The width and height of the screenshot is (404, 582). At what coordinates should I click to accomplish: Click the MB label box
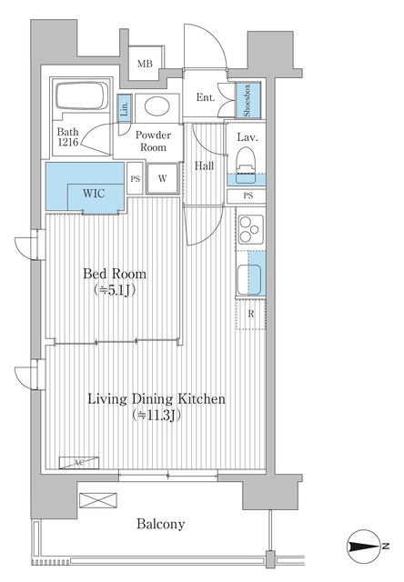point(145,64)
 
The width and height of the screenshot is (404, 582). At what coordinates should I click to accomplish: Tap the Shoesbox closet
point(246,101)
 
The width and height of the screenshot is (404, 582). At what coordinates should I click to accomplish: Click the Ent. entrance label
point(205,99)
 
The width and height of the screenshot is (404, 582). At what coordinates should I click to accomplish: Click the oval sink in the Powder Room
point(157,106)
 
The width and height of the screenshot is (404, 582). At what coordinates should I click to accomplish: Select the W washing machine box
point(162,178)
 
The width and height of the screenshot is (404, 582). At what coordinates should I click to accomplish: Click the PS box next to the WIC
point(135,178)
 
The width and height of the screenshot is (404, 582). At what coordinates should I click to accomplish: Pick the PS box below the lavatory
point(247,196)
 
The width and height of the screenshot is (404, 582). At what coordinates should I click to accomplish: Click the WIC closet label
point(95,193)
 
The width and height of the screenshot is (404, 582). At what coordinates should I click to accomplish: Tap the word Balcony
point(161,524)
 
